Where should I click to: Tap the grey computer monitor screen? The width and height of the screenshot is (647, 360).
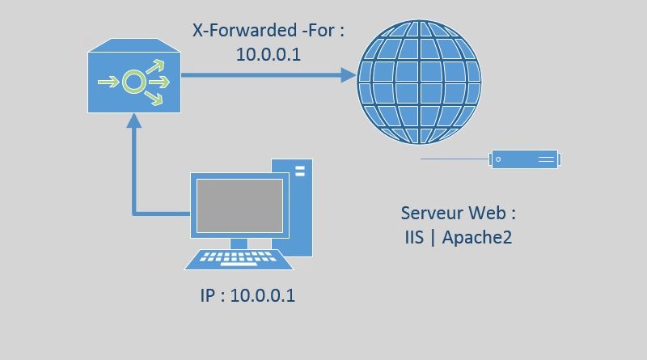240,205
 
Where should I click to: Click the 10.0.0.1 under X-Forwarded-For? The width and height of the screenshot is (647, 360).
269,54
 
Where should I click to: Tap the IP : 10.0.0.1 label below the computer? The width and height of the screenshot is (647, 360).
247,295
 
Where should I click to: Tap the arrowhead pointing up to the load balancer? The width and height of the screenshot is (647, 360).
133,120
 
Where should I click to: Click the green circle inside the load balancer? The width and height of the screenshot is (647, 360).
132,82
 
